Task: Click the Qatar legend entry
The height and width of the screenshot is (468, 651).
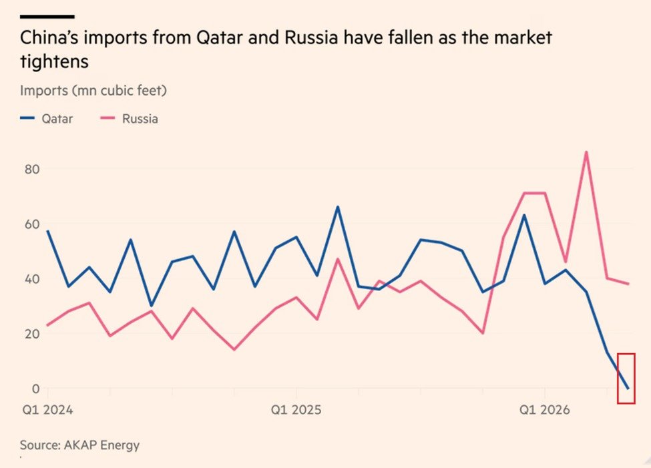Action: [x=47, y=119]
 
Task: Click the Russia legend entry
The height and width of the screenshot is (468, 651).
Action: [x=129, y=119]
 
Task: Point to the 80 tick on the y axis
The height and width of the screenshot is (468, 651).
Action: [x=32, y=169]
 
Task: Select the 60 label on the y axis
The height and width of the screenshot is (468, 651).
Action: [x=32, y=224]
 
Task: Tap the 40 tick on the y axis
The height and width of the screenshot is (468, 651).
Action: [x=32, y=278]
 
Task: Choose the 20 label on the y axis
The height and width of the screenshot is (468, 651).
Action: [x=32, y=333]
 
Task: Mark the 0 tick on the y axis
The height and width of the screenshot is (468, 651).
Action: [x=35, y=389]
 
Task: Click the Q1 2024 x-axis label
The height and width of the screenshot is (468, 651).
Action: [x=48, y=411]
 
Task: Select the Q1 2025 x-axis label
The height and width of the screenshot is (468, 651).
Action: [x=296, y=411]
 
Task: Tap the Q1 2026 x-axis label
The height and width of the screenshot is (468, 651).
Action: [x=545, y=411]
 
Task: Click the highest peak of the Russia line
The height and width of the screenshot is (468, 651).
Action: [x=586, y=152]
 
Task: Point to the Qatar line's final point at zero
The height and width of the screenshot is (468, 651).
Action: [x=628, y=389]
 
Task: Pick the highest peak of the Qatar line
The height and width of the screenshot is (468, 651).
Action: [x=338, y=207]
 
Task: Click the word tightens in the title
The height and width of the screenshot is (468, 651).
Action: [x=54, y=62]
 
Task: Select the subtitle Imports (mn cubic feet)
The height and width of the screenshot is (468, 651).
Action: [x=93, y=91]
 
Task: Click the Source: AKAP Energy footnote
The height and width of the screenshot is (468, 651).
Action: [x=79, y=445]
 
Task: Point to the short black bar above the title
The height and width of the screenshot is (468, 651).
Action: [x=47, y=17]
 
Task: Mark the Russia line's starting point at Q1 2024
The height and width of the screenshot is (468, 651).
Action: [x=48, y=325]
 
